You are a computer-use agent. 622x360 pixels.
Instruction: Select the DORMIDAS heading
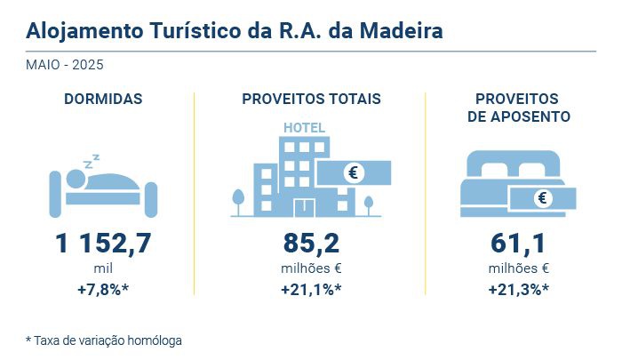pyautogui.click(x=103, y=99)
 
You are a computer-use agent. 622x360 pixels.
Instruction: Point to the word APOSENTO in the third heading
pyautogui.click(x=519, y=116)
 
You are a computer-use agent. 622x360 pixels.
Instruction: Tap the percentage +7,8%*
pyautogui.click(x=103, y=289)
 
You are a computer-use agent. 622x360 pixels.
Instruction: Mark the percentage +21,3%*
pyautogui.click(x=519, y=289)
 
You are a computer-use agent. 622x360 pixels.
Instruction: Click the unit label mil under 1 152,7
pyautogui.click(x=103, y=268)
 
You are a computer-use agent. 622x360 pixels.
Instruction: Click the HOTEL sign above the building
pyautogui.click(x=304, y=127)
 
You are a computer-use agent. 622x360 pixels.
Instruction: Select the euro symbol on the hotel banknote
pyautogui.click(x=354, y=172)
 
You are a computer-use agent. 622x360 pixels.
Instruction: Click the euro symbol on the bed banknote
pyautogui.click(x=541, y=198)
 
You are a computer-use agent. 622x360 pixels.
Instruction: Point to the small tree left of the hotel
pyautogui.click(x=237, y=199)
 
